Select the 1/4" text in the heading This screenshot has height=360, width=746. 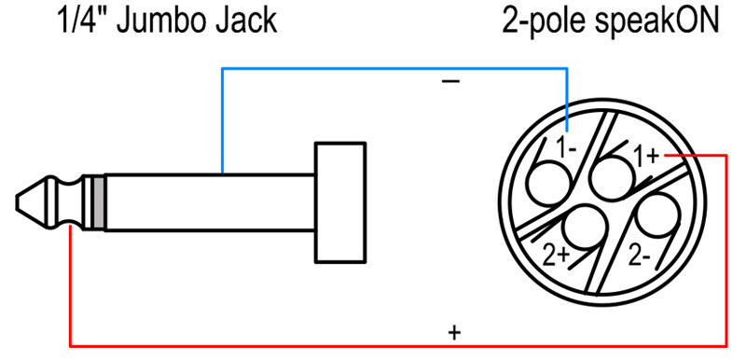(x=83, y=20)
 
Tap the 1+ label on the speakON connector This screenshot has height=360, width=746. (x=646, y=157)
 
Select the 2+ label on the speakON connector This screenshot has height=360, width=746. (x=557, y=256)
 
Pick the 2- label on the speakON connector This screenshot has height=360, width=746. (x=639, y=256)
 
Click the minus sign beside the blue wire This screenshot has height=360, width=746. (x=450, y=82)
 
